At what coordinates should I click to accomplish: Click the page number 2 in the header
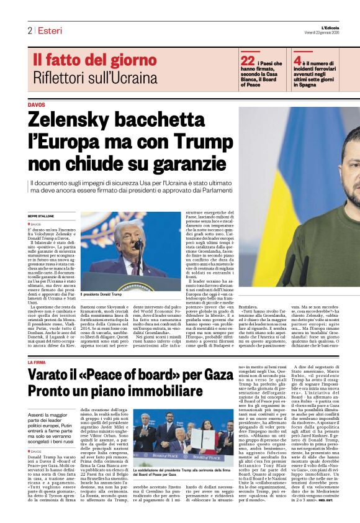[x=29, y=30]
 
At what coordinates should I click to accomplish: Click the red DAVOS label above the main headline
[x=37, y=105]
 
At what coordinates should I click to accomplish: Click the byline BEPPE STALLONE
[x=41, y=216]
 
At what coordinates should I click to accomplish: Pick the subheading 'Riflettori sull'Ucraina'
[x=96, y=78]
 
